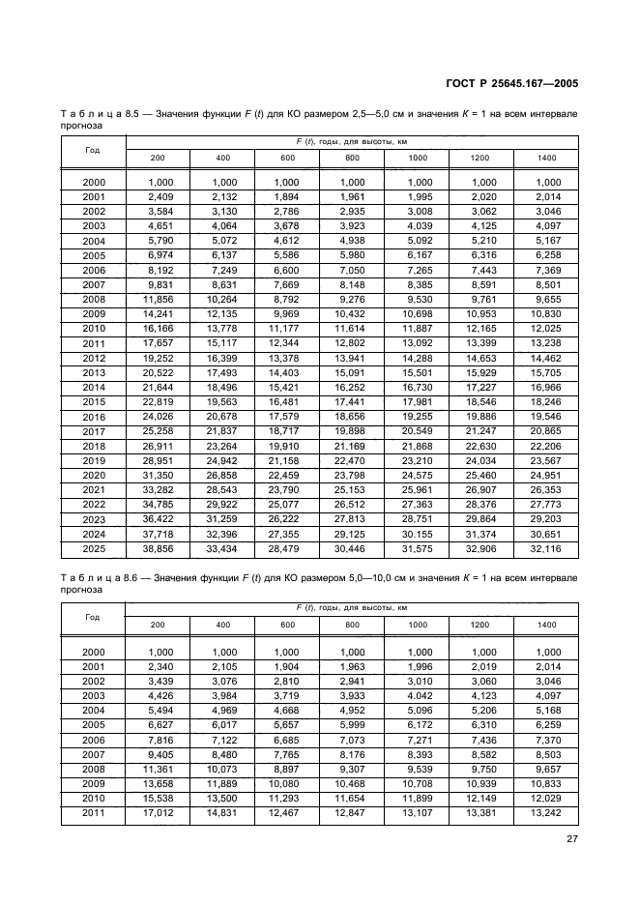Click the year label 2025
(94, 548)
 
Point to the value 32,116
(547, 548)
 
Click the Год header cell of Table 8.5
(94, 150)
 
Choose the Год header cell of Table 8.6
(94, 617)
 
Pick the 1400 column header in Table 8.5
(547, 158)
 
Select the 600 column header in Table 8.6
(288, 625)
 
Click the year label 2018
(94, 448)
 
